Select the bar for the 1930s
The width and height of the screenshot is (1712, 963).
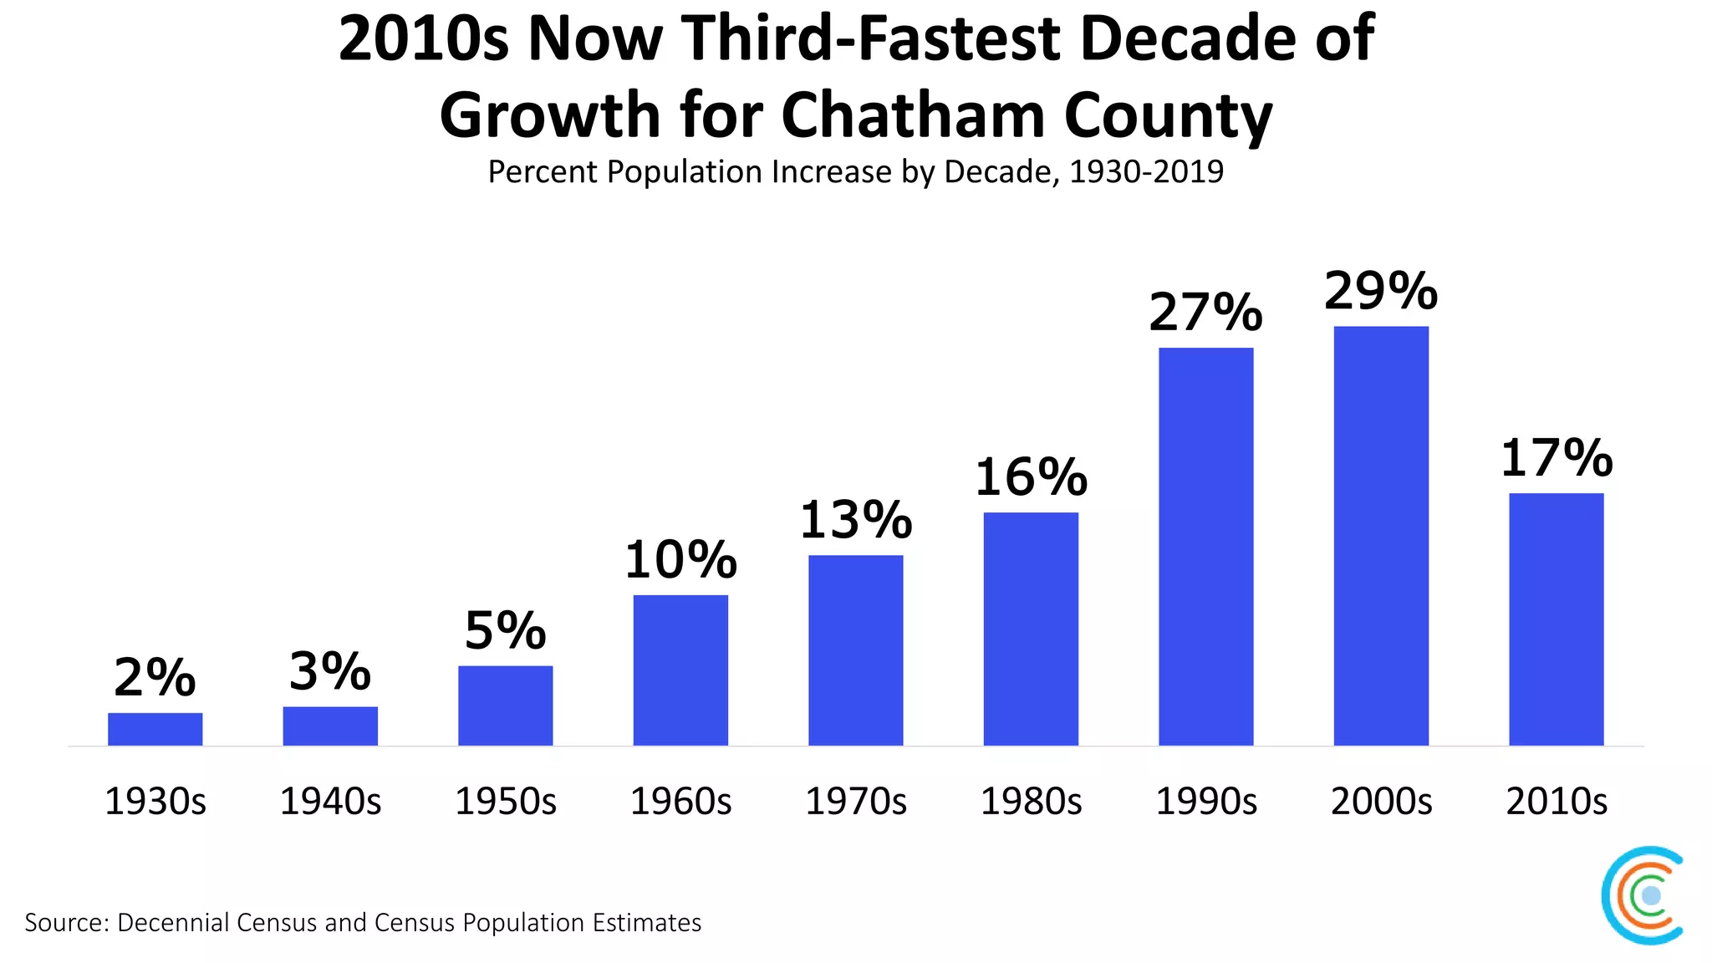point(155,729)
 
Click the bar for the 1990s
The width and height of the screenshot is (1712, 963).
point(1205,547)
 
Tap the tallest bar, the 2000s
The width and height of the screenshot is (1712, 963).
point(1381,536)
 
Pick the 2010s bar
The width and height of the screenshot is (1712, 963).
point(1556,619)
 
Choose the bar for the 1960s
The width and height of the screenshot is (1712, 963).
point(680,670)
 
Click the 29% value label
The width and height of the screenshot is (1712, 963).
point(1381,291)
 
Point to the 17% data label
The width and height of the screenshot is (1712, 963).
point(1556,458)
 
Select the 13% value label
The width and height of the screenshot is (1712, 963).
point(855,520)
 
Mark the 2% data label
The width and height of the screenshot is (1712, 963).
point(155,677)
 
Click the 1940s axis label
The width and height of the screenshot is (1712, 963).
point(330,802)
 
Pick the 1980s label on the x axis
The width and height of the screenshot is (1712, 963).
point(1031,802)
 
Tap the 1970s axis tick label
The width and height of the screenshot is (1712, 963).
point(855,802)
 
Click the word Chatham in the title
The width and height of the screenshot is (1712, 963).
point(913,115)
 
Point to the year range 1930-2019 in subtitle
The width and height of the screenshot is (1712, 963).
point(1146,172)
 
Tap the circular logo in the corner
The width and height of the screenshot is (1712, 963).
point(1643,895)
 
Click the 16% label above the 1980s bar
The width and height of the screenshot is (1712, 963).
point(1031,477)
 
